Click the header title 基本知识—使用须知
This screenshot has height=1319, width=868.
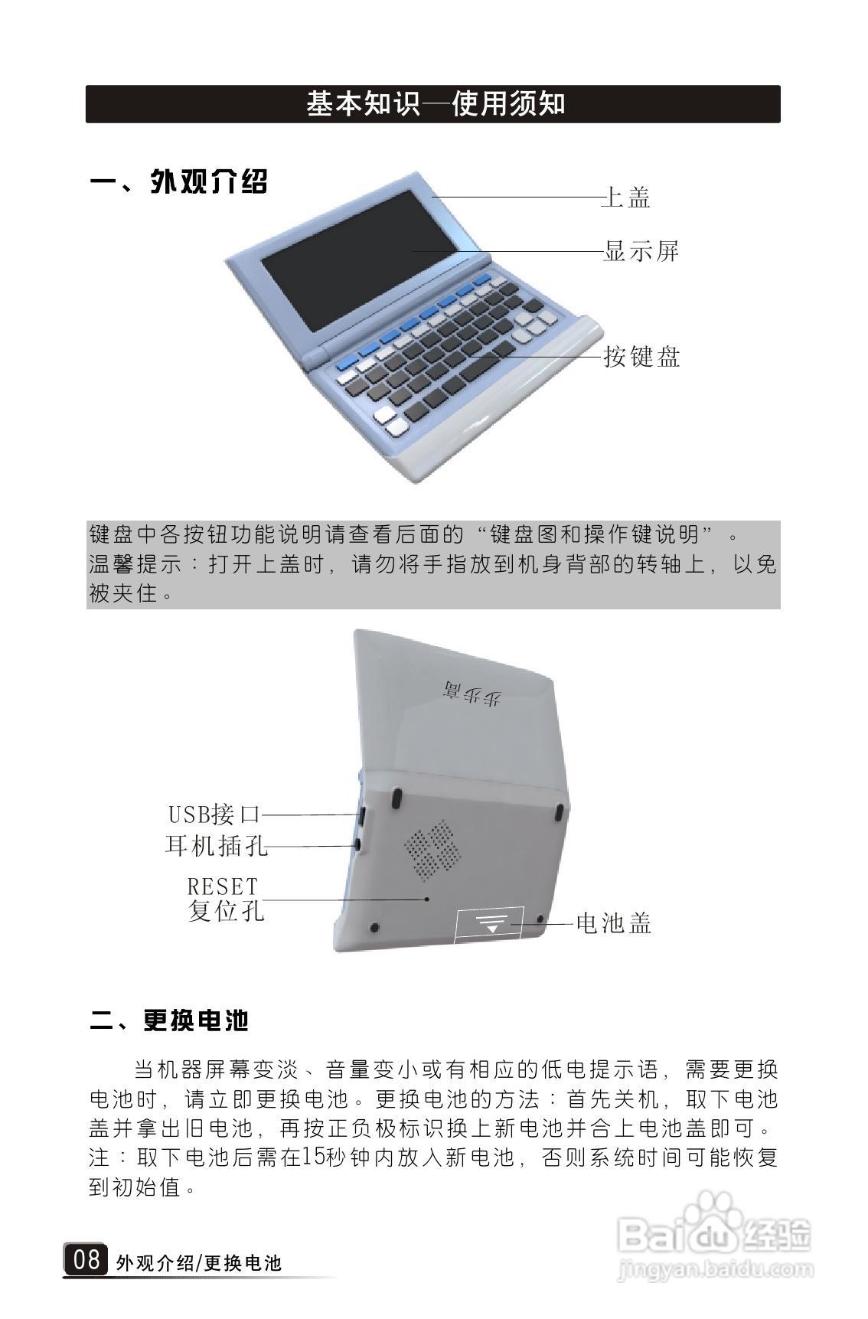tap(435, 103)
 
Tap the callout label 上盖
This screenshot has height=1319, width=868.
tap(626, 198)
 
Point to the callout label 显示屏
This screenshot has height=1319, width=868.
tap(641, 250)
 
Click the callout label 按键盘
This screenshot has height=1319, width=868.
tap(641, 357)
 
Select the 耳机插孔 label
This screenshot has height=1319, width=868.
tap(217, 845)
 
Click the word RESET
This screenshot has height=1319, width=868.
tap(223, 886)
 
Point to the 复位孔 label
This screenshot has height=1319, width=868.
tap(226, 911)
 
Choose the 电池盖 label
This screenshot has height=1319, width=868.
tap(613, 923)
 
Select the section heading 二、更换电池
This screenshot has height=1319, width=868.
tap(169, 1020)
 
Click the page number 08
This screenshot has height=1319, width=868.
tap(86, 1259)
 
